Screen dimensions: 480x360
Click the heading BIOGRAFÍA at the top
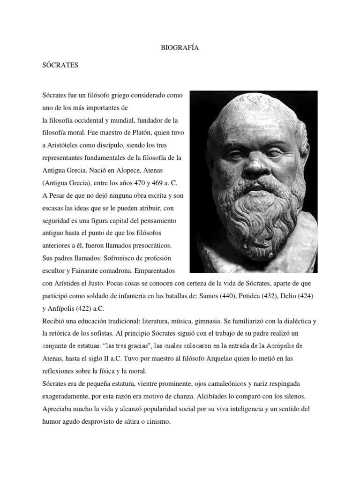(x=180, y=47)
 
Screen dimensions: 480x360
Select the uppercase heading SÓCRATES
(x=60, y=66)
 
